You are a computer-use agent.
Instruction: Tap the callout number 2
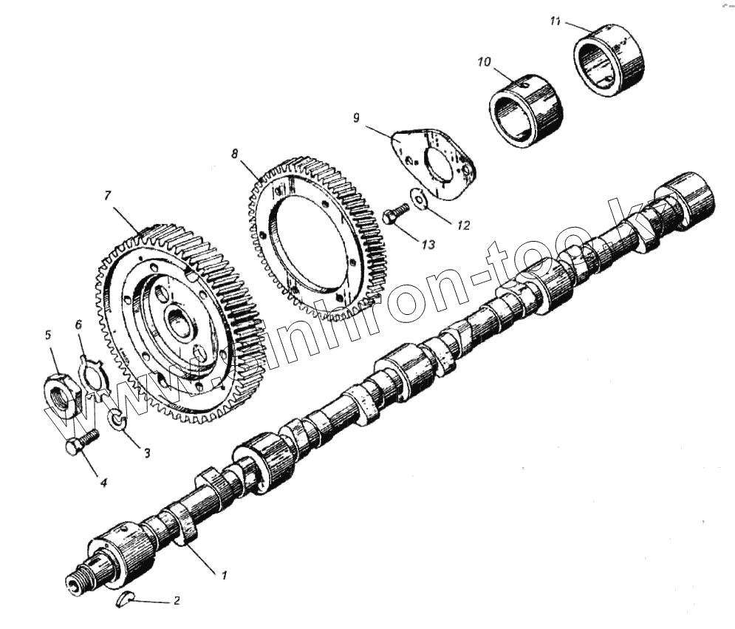click(x=176, y=601)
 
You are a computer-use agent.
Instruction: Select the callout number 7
click(x=107, y=195)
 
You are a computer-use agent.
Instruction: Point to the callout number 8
click(x=235, y=154)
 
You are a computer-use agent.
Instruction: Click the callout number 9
click(x=356, y=118)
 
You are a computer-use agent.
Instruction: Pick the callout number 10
click(x=484, y=62)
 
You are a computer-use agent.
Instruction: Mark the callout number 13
click(x=428, y=244)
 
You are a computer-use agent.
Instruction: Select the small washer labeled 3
click(x=118, y=421)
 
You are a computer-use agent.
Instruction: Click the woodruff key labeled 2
click(x=126, y=598)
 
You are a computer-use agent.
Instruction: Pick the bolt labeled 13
click(x=394, y=214)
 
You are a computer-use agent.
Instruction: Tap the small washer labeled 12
click(x=420, y=199)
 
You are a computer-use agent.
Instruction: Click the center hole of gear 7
click(x=180, y=323)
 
